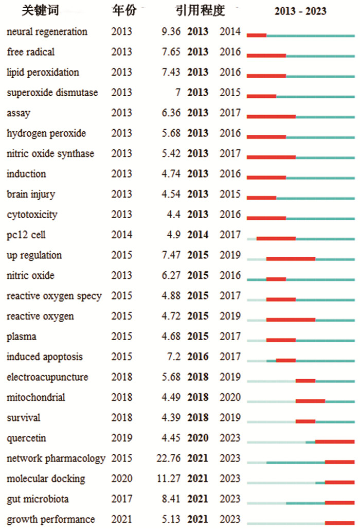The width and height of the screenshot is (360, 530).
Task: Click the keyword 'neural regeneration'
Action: [x=47, y=32]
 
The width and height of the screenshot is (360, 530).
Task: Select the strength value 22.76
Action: [x=168, y=458]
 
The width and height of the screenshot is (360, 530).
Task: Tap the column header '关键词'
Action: [x=40, y=10]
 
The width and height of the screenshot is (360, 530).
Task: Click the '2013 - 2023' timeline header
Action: [x=300, y=11]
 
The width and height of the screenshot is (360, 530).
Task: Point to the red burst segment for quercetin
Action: [x=335, y=442]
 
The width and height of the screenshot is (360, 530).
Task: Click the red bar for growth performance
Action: [x=340, y=523]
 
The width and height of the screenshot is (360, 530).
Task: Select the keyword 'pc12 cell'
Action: [x=26, y=235]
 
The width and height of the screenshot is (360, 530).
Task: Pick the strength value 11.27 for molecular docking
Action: [x=168, y=479]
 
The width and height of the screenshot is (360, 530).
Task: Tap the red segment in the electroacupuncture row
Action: [x=305, y=381]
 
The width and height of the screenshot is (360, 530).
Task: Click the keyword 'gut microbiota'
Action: [x=38, y=499]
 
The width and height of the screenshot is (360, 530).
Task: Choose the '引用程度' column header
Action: [x=200, y=10]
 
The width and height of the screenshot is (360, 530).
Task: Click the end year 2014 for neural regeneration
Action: [x=230, y=31]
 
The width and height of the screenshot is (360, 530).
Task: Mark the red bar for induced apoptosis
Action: [x=286, y=361]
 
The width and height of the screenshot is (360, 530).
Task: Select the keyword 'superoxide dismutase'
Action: [x=52, y=93]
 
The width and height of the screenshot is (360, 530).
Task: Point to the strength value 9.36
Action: [x=171, y=31]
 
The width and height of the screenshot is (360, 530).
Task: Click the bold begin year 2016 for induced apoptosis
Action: [x=198, y=357]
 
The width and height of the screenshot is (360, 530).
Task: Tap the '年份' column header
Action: [x=124, y=10]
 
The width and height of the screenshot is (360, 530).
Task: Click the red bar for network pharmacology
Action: [x=340, y=462]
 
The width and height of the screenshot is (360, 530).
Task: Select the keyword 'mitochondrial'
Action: [x=36, y=397]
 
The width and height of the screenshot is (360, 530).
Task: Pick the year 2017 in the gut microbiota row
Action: [x=121, y=499]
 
